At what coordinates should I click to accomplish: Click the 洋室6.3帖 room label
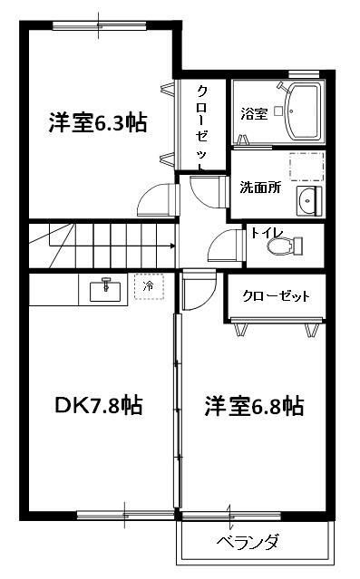pos(98,123)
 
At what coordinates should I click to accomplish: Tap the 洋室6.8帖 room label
pos(253,406)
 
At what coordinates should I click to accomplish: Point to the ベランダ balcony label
pos(247,543)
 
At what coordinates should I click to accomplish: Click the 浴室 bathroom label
pos(253,114)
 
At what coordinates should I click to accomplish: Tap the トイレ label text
pos(268,233)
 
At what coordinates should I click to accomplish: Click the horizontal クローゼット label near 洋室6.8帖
pos(276,296)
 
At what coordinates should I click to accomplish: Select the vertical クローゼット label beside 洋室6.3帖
pos(202,127)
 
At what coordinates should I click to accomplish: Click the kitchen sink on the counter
pos(107,289)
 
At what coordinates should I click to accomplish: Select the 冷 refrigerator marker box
pos(148,287)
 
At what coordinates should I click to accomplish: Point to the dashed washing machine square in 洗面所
pos(306,168)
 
